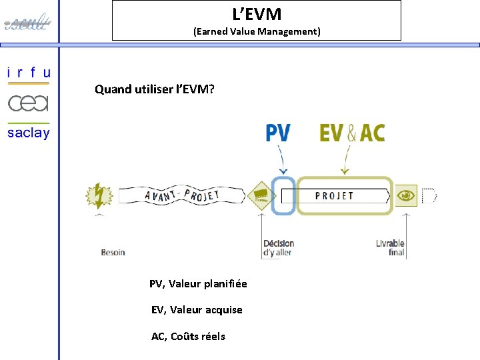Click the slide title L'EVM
click(257, 13)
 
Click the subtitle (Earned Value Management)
click(257, 31)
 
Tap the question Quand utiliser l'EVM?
click(155, 89)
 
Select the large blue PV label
click(278, 133)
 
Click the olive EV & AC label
click(352, 133)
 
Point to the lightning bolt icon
click(99, 196)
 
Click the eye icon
click(406, 195)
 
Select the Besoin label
click(113, 252)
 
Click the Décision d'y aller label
click(279, 248)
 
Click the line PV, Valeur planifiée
click(198, 284)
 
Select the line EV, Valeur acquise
click(197, 310)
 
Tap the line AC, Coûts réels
click(188, 336)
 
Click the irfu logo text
click(29, 73)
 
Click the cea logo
click(29, 103)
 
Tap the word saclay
click(29, 133)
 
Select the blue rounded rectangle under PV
click(284, 195)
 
